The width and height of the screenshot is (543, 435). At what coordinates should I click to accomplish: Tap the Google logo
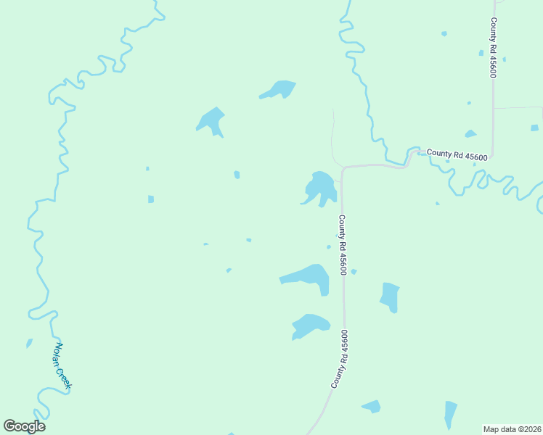point(24,426)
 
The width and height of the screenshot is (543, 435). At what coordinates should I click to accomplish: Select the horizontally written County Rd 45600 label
point(457,155)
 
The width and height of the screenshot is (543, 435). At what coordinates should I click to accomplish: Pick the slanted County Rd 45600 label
point(340,359)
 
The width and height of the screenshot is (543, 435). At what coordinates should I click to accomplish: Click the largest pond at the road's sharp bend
point(320,188)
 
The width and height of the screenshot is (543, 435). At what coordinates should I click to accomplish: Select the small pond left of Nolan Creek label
point(29,343)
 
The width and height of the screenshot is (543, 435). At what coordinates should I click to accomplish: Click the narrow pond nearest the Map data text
point(451,414)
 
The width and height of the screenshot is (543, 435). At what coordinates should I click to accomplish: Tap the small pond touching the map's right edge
point(534,128)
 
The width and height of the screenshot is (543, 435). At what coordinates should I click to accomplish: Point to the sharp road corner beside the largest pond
point(342,168)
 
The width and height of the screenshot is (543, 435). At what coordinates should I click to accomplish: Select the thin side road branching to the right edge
point(518,107)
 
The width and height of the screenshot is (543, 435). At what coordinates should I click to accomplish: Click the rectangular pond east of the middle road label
point(390,297)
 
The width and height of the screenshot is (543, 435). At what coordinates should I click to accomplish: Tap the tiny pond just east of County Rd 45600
point(354,272)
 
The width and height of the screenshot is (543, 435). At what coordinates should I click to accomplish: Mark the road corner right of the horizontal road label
point(493,155)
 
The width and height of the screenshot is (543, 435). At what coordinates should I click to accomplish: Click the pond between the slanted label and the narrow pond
point(372,406)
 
